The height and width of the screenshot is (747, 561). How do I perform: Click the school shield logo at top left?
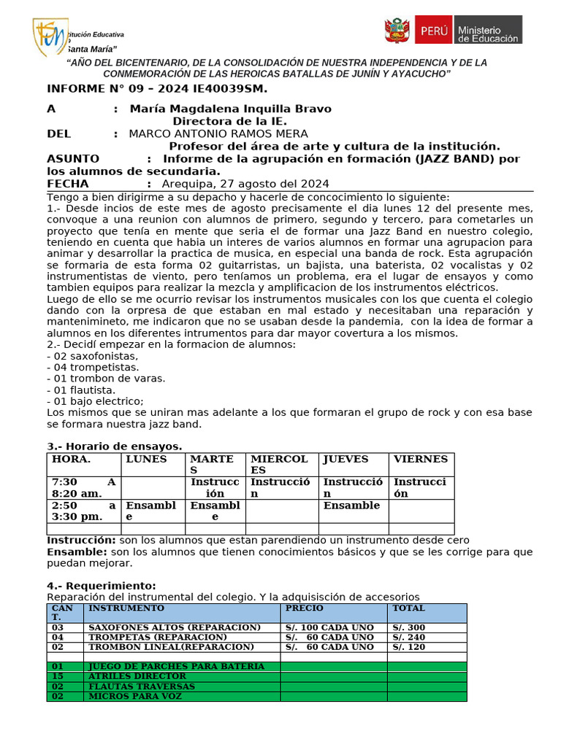50,36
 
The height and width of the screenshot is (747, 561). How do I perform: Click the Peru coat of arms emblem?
397,31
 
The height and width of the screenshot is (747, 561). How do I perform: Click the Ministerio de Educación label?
487,31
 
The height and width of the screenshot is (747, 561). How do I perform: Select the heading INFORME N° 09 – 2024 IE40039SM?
157,89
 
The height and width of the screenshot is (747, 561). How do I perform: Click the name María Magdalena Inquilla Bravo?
230,109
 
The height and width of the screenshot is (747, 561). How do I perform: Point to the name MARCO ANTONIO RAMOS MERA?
218,133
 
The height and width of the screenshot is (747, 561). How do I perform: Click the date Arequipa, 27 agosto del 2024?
245,184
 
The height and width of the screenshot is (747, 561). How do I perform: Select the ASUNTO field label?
73,159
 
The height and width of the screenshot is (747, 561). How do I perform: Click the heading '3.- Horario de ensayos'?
115,446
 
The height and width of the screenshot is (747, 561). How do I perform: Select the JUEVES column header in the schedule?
346,460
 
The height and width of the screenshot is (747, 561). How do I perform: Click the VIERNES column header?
421,460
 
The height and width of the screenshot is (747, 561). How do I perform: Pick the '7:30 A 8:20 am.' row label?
84,487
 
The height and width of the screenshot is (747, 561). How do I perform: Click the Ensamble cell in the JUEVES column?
351,506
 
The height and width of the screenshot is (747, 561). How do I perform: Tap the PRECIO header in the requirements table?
304,608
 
